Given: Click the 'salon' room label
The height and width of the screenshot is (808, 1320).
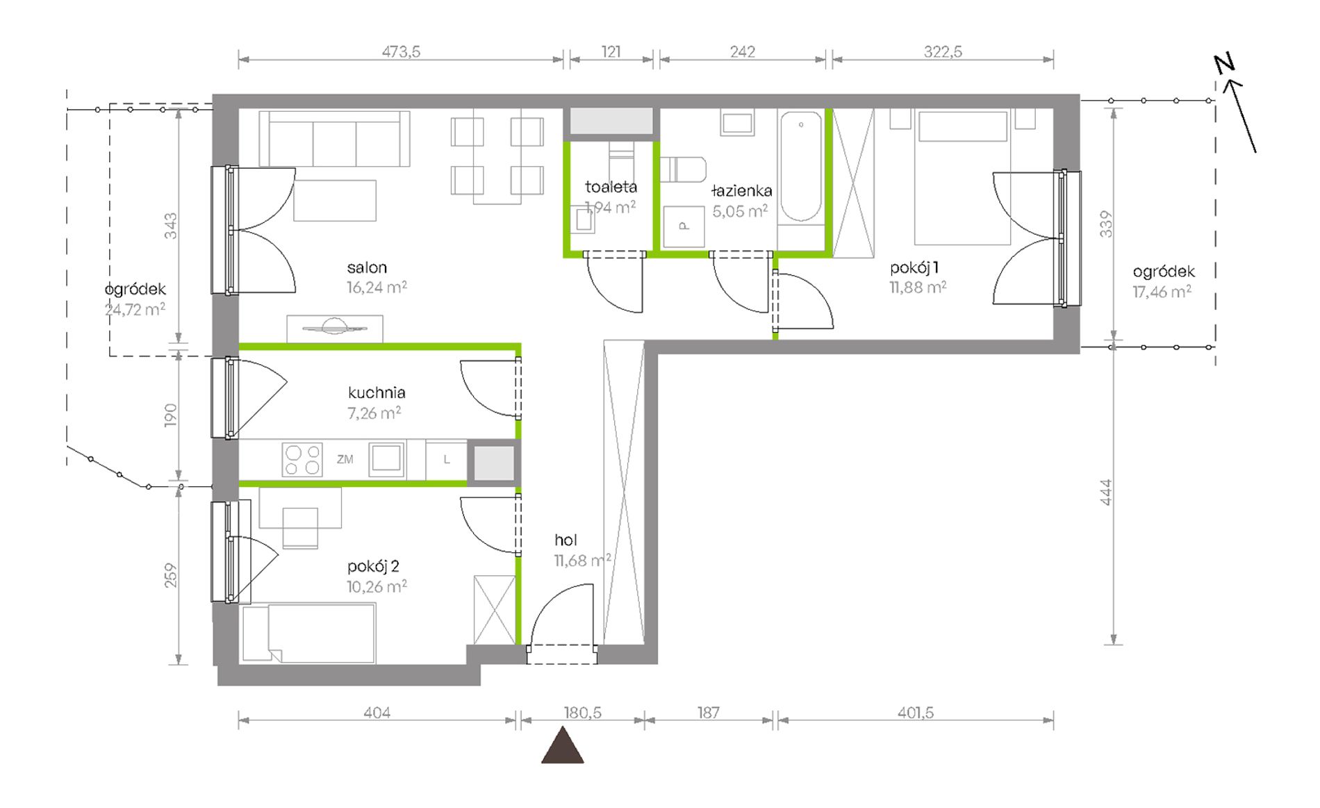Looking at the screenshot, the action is (367, 267).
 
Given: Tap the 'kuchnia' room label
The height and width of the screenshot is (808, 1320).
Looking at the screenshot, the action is (377, 393).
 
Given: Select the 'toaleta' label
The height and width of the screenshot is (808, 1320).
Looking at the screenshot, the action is (611, 187).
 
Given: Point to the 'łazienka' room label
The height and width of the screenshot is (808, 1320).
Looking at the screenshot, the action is (742, 190).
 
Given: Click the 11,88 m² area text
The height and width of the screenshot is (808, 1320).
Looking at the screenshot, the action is (918, 287).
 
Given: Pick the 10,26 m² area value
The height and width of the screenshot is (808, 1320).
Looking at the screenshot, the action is (377, 586).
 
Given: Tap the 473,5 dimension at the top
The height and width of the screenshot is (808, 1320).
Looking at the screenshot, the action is (401, 51).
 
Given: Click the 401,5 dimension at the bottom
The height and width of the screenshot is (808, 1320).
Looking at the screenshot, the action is (915, 712).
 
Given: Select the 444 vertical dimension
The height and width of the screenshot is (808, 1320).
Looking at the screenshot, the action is (1106, 492).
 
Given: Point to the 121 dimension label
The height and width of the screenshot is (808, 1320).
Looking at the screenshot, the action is (611, 51).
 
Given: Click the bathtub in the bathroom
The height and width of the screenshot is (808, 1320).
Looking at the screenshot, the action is (800, 167).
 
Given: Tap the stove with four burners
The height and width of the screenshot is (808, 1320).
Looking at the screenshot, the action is (302, 459).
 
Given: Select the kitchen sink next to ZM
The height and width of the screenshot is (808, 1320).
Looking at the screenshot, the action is (386, 459).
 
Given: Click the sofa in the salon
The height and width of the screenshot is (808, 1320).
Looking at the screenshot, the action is (334, 138).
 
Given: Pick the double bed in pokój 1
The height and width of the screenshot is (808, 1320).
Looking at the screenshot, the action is (962, 178).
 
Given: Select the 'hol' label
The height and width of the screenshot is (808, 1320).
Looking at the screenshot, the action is (566, 540).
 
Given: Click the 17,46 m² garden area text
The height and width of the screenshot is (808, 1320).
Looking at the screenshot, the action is (1162, 292).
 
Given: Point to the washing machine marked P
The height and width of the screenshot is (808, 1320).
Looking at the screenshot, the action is (684, 226).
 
